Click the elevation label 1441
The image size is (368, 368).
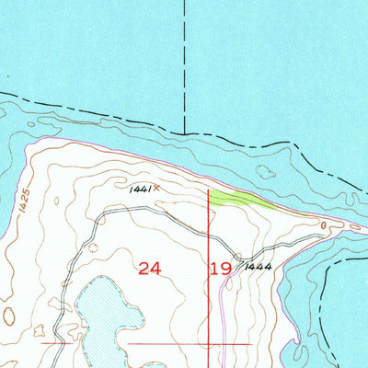pos(140,188)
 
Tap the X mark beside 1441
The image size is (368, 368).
pos(155,188)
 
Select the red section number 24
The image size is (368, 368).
pos(150,268)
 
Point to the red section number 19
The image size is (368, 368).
pos(221,268)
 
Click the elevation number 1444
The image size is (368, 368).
pos(257,266)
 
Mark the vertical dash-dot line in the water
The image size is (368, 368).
pos(184,64)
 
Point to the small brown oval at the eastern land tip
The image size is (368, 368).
pos(324,224)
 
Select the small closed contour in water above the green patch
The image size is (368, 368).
pos(265,171)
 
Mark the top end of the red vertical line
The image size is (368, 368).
pos(210,190)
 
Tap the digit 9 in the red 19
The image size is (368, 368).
pos(227,268)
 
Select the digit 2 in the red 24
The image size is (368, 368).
pos(144,268)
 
